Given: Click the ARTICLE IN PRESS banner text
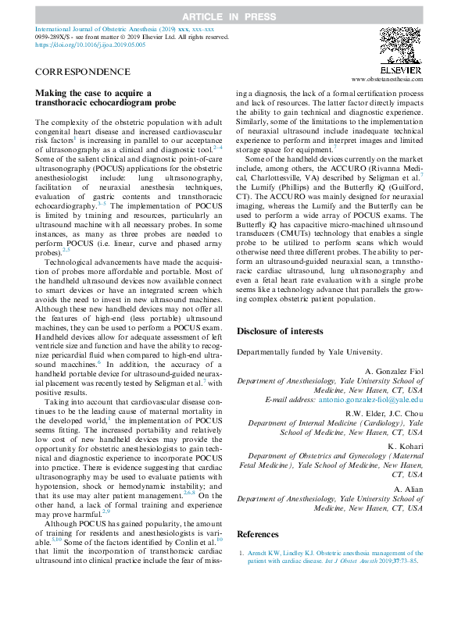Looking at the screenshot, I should coord(232,16).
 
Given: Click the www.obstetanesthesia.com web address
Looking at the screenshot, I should coord(388,79).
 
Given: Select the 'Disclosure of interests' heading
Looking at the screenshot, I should coord(279,331).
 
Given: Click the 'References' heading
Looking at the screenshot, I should coord(257,533).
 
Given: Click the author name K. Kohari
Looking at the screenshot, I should coord(406,446).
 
